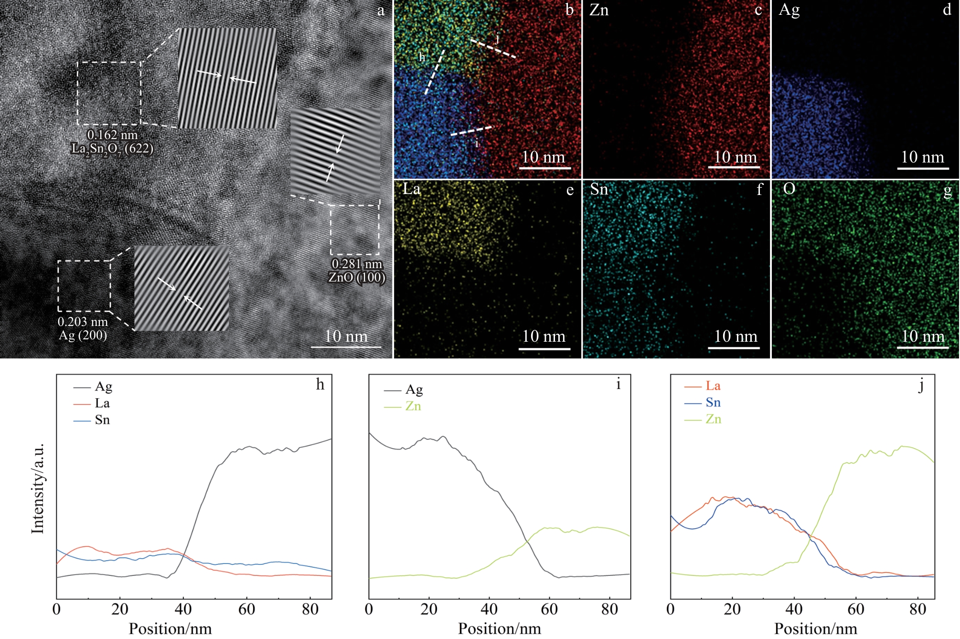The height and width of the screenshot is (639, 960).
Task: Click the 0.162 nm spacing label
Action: [112, 135]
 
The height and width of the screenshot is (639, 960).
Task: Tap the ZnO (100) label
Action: [357, 277]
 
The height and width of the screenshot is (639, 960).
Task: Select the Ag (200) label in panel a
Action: [83, 335]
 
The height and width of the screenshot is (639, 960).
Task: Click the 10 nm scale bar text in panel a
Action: [346, 336]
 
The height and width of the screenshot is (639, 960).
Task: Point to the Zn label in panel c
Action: [599, 10]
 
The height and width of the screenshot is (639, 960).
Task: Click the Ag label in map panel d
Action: [789, 11]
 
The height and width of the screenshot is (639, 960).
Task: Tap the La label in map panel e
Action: [412, 189]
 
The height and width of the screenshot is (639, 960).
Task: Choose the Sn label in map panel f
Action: [599, 189]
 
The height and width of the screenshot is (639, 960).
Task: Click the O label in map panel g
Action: [789, 189]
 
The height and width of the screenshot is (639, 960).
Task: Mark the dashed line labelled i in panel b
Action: [472, 131]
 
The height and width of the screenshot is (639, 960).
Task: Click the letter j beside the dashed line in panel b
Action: [497, 38]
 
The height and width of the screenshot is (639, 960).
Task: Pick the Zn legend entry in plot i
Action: [402, 406]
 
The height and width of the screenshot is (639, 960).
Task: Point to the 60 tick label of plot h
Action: [246, 609]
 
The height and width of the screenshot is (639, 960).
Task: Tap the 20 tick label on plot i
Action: [429, 609]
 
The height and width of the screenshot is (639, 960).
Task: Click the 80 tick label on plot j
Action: [917, 609]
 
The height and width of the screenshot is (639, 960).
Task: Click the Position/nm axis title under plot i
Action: [500, 628]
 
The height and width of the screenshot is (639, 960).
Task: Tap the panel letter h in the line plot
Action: [320, 385]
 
